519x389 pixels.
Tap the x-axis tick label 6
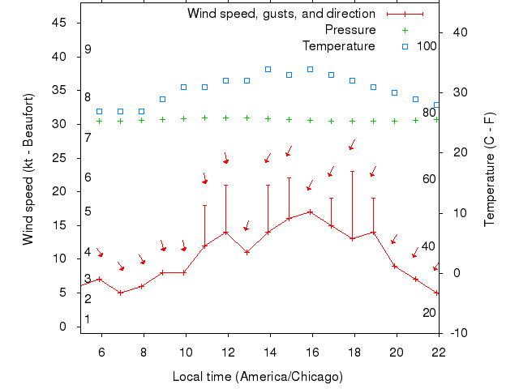(101, 351)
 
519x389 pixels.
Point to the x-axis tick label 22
(439, 351)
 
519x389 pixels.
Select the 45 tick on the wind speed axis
(59, 23)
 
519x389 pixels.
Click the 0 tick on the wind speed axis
(63, 326)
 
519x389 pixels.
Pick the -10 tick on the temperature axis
(458, 332)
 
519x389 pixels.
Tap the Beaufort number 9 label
(88, 49)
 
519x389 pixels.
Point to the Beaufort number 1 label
(88, 319)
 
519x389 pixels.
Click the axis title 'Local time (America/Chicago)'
(258, 377)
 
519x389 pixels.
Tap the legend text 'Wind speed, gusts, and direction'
(281, 14)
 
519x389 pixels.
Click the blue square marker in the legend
(405, 45)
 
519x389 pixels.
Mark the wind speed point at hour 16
(310, 212)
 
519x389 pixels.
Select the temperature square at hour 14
(268, 69)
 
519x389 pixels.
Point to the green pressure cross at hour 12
(225, 118)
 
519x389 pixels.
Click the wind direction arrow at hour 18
(352, 145)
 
